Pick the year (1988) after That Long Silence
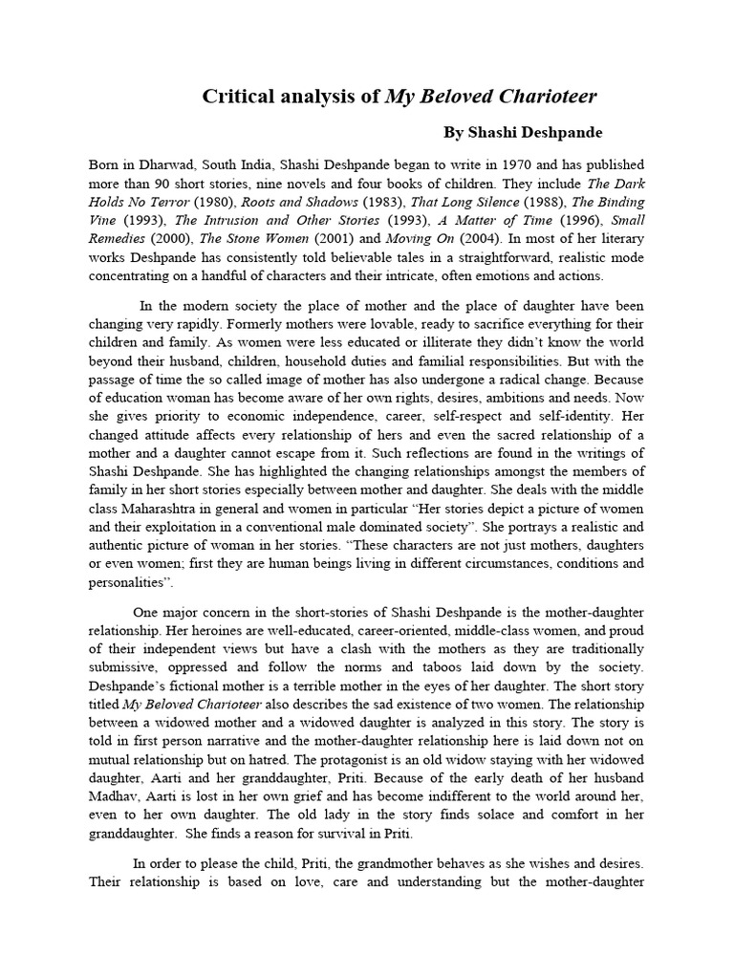pyautogui.click(x=549, y=203)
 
